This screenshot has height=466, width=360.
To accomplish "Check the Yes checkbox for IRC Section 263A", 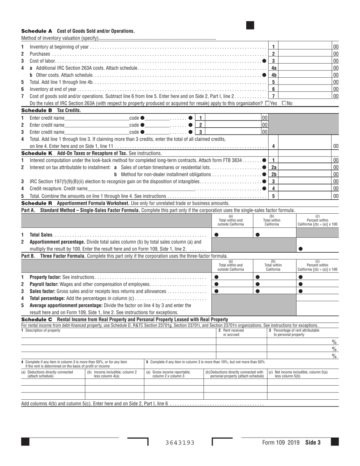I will (268, 103).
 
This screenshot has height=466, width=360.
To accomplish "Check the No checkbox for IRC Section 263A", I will (284, 103).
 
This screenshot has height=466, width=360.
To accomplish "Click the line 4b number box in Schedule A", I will (274, 75).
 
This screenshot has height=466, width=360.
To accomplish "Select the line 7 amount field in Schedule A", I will (305, 96).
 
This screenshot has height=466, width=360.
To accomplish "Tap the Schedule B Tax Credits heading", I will (51, 111).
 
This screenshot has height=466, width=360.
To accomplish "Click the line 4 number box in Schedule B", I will (273, 146).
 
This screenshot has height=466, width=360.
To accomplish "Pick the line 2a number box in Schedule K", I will (274, 167).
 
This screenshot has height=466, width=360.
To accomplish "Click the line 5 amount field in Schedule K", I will (305, 196).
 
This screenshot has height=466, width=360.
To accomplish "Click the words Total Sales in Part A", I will (41, 235).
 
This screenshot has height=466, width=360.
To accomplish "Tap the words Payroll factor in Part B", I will (45, 285).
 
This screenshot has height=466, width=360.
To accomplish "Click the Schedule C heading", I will (37, 320).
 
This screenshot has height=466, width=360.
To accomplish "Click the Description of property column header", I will (41, 330).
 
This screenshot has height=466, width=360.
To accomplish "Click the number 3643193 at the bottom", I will (180, 443).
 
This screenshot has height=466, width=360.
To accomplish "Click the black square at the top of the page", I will (250, 25).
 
